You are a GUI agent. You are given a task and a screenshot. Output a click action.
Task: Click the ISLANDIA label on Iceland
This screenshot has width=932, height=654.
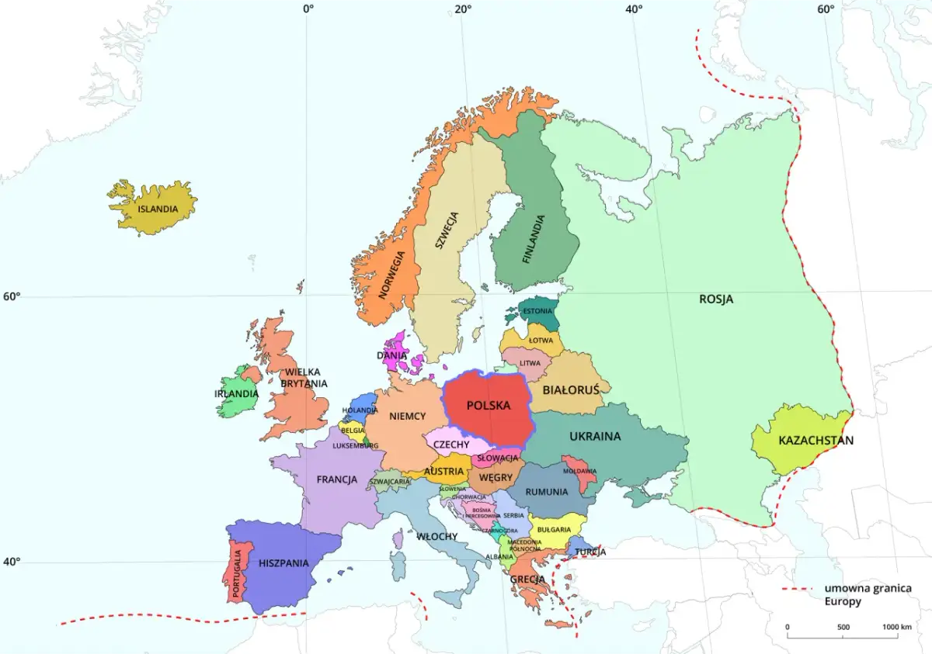pos(158,209)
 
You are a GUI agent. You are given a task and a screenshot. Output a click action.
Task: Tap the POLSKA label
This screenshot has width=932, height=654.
pos(489,406)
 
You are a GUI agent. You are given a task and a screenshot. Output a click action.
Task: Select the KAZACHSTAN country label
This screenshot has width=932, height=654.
pos(815,441)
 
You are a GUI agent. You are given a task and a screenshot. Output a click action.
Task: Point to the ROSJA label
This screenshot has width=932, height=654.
pos(716,299)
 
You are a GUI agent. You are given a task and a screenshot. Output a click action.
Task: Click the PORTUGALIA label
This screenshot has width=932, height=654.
pos(235,574)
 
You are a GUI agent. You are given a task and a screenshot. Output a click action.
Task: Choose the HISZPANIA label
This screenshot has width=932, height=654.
pos(283,563)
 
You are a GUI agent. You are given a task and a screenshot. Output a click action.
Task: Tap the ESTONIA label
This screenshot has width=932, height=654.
pos(537,312)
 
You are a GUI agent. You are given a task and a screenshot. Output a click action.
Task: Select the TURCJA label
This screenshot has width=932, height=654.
pos(591,552)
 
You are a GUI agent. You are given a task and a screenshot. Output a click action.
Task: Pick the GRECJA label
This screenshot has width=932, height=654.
pos(526,579)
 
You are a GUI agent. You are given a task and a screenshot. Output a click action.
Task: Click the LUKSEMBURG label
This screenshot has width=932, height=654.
pos(355,446)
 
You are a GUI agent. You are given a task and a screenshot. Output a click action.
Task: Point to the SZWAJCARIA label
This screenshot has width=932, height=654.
pos(390,481)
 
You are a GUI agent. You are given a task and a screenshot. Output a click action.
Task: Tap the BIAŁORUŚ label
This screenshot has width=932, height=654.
pos(571,389)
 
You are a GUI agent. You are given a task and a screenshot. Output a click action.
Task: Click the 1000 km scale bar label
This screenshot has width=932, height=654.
pos(896,627)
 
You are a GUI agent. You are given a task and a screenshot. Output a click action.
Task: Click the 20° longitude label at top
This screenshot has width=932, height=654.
pos(463,9)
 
